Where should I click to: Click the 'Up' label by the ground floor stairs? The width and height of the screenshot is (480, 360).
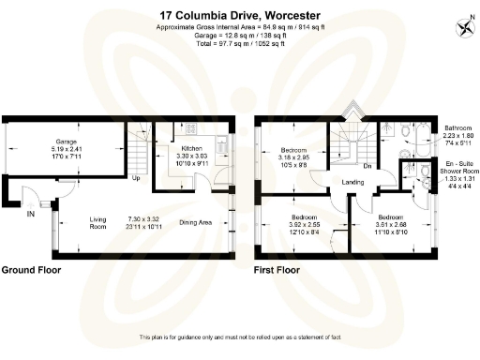(136, 178)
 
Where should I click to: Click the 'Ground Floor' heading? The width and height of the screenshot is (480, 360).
(31, 270)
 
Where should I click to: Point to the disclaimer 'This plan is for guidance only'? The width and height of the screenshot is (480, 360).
(239, 337)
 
